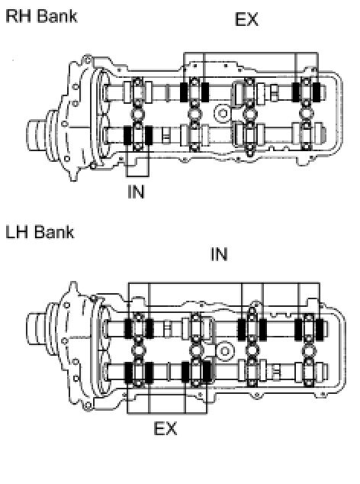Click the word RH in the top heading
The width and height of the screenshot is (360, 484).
click(x=19, y=16)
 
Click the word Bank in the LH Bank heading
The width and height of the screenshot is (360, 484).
click(x=54, y=232)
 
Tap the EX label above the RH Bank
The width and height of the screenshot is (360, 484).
click(x=246, y=19)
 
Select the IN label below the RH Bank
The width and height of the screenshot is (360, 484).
click(x=136, y=192)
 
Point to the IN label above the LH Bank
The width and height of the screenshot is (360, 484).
click(x=219, y=254)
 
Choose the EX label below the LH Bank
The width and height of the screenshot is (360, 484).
click(x=166, y=428)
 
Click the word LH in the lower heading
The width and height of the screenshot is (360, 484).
click(x=18, y=232)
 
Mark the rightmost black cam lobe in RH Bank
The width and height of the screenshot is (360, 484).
click(x=317, y=92)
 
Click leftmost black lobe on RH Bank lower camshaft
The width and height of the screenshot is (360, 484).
click(x=127, y=135)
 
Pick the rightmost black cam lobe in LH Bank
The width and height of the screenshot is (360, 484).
click(x=320, y=329)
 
